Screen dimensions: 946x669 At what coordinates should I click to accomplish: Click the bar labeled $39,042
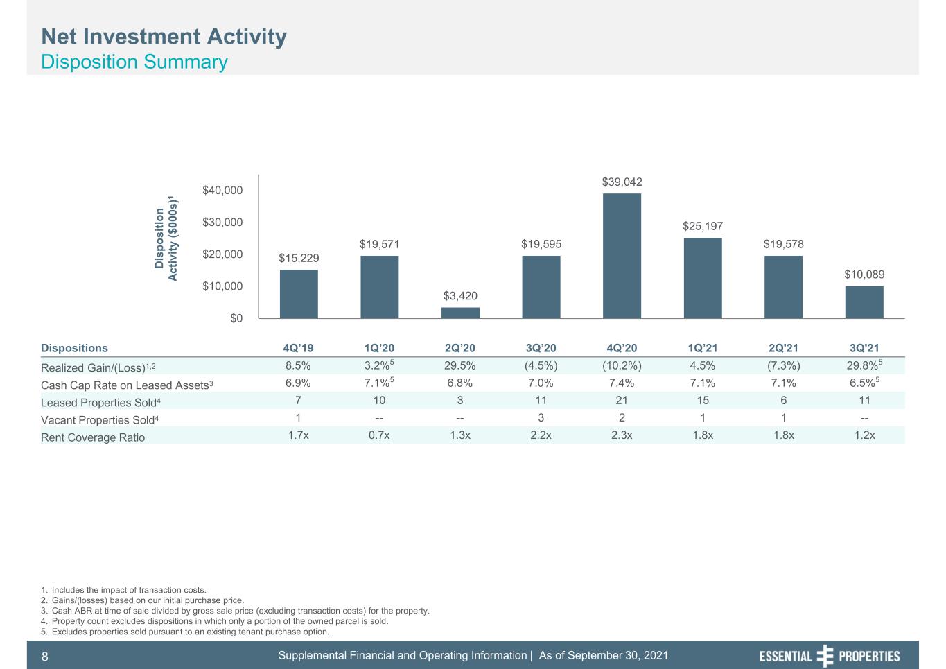622,256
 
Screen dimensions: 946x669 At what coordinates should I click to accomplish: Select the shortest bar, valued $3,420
460,313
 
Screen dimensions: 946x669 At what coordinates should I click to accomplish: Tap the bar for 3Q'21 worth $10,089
864,302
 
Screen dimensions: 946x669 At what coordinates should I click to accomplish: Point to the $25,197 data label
703,227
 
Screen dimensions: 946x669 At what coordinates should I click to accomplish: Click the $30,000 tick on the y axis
222,222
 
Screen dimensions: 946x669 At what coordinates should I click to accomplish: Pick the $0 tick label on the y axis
236,318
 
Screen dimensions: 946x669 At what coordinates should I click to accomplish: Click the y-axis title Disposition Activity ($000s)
166,238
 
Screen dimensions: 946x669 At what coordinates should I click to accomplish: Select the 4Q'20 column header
622,348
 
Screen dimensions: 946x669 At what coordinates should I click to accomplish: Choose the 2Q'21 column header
783,348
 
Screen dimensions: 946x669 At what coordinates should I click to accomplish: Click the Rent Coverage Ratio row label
93,437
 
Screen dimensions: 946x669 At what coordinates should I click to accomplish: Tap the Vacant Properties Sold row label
100,420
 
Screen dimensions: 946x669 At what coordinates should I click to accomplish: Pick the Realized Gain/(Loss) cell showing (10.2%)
622,366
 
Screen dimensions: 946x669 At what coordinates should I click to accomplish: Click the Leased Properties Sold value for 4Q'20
622,401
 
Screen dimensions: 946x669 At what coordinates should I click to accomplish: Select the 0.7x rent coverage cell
379,435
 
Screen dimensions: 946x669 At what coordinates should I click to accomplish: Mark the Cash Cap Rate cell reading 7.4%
622,383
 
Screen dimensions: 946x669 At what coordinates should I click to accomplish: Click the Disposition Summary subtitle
134,62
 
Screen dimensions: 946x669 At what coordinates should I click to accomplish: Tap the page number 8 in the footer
44,657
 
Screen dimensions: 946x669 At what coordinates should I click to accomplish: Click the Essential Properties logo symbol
825,656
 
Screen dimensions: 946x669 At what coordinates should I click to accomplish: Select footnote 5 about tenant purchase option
185,632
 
